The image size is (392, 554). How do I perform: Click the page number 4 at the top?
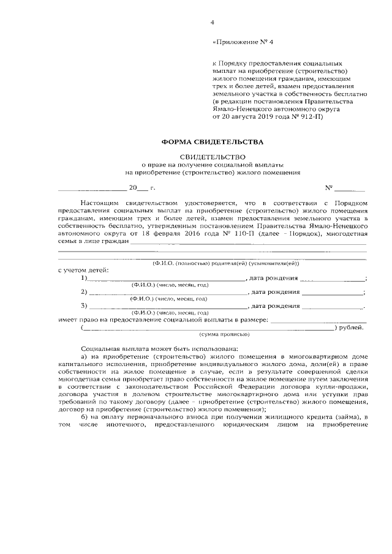212,23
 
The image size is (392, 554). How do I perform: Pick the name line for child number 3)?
165,305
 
